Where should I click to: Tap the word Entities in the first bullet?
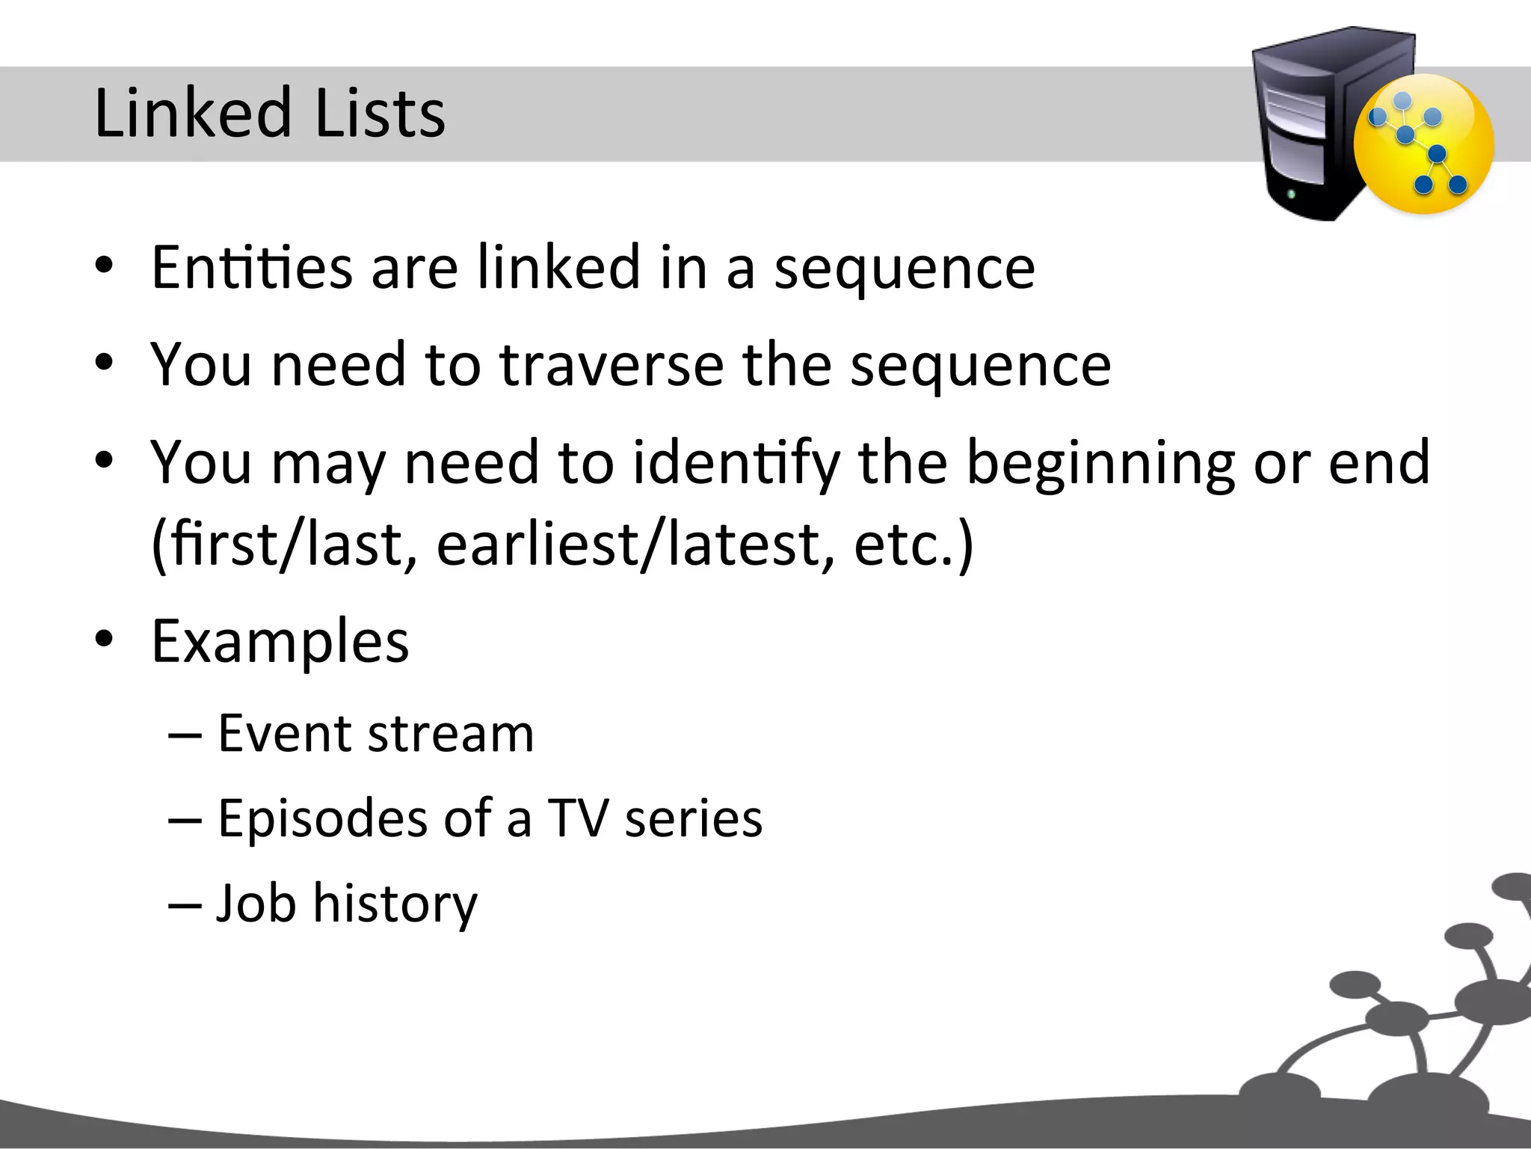[251, 267]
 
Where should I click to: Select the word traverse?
[612, 364]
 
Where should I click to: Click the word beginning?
[1100, 463]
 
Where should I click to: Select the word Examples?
[280, 642]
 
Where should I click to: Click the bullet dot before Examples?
[104, 640]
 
